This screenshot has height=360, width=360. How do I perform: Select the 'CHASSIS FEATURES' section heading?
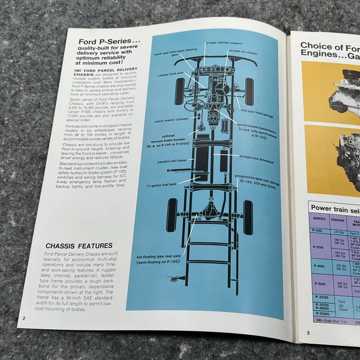pyautogui.click(x=80, y=246)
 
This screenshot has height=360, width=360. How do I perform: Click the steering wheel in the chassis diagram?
pyautogui.click(x=196, y=105)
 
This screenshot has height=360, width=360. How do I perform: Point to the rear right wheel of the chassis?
pyautogui.click(x=247, y=217)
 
